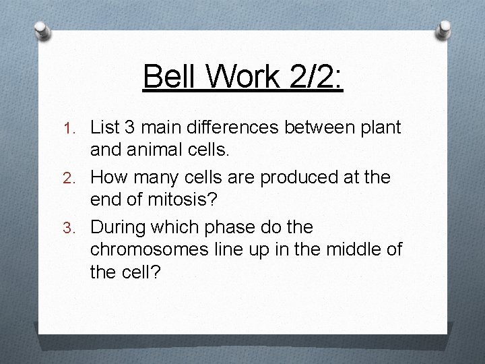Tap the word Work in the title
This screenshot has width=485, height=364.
236,77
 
